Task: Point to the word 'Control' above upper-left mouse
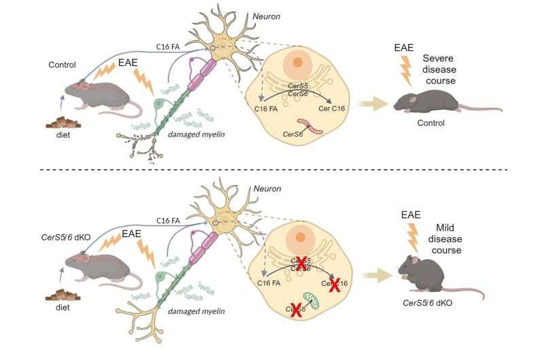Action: pos(62,65)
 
